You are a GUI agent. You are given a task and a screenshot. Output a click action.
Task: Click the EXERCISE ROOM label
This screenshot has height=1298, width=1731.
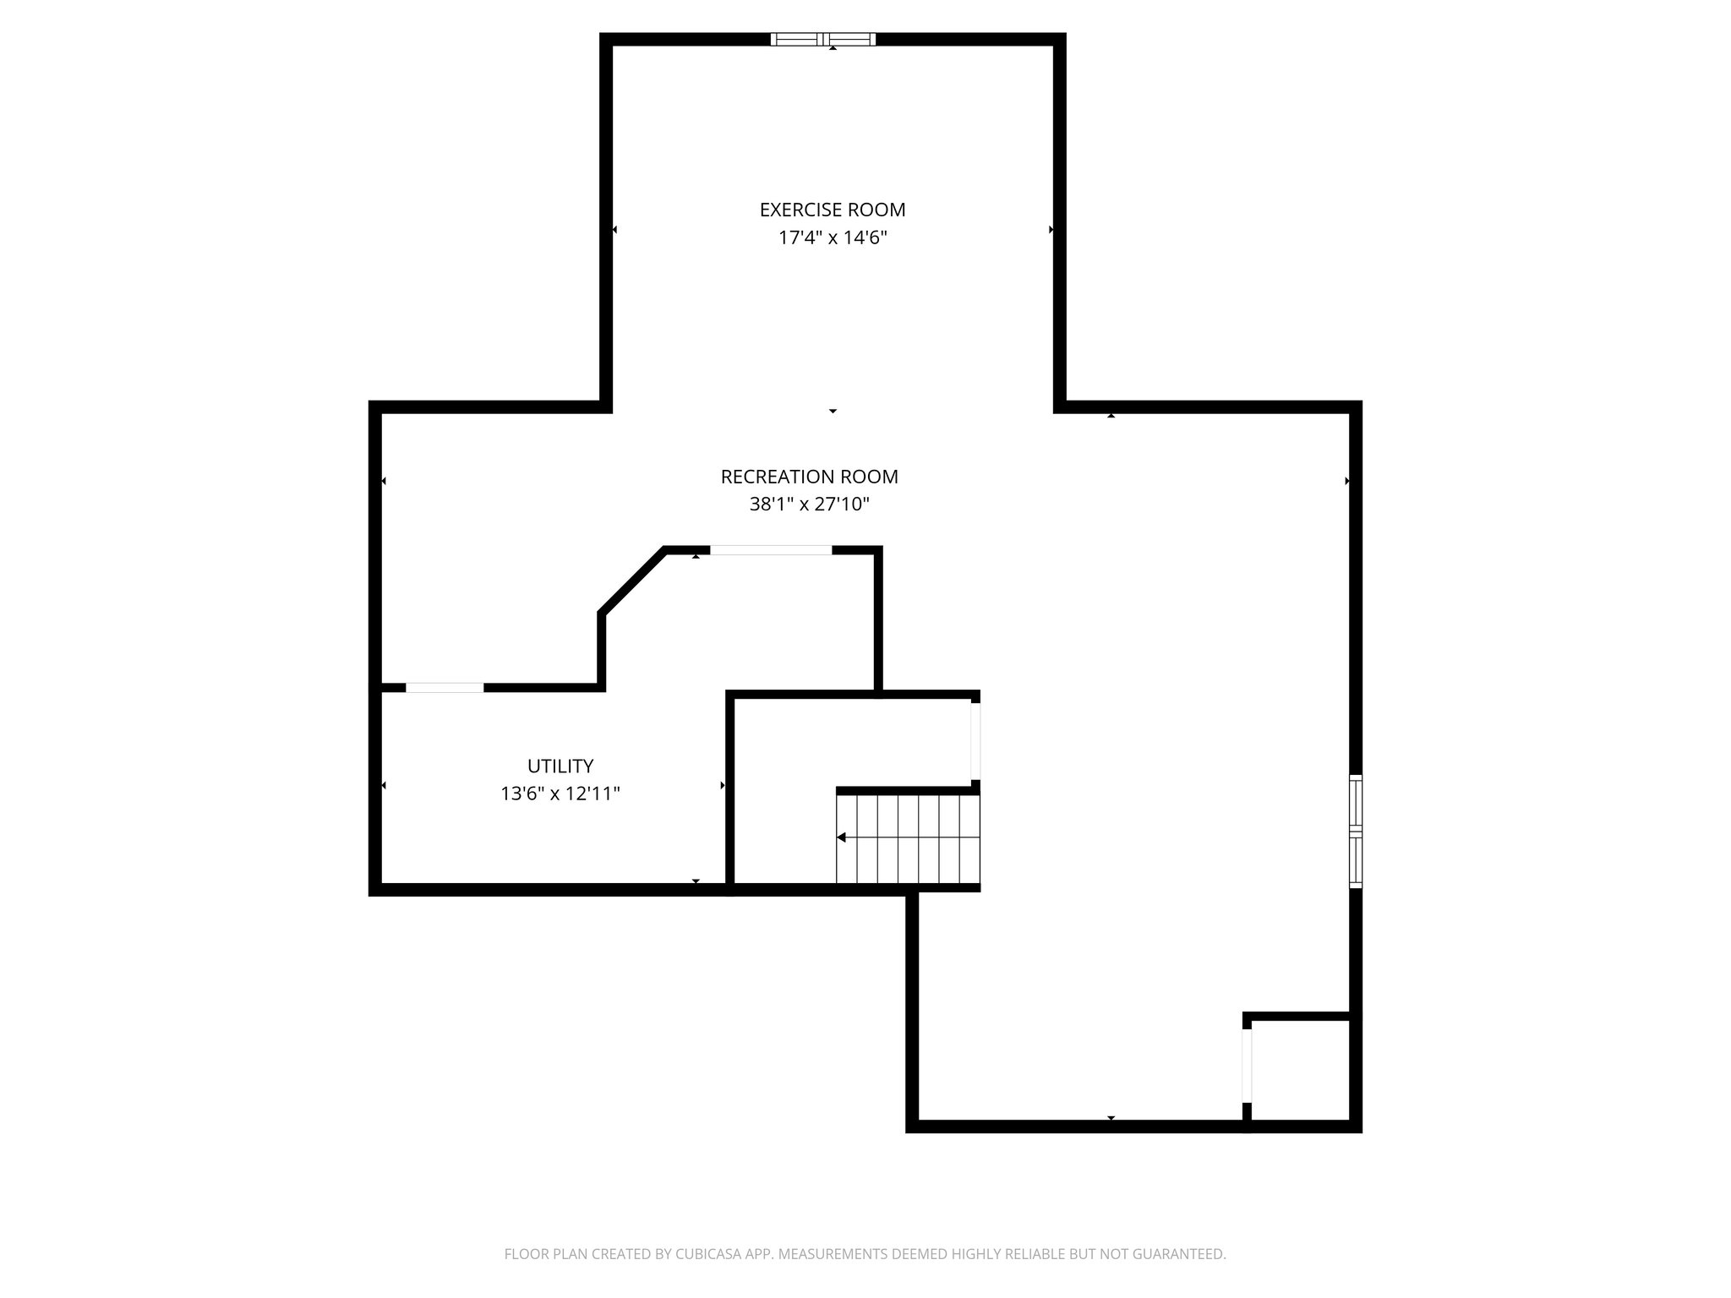point(832,210)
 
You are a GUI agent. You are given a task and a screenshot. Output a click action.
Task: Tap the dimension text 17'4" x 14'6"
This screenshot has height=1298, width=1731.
point(832,238)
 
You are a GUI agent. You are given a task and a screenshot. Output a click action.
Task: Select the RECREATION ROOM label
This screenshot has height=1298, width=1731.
point(809,477)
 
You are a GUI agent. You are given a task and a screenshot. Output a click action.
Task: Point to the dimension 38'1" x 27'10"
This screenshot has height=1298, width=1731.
point(809,504)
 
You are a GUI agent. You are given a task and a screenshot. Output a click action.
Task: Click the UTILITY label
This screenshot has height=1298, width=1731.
point(560,766)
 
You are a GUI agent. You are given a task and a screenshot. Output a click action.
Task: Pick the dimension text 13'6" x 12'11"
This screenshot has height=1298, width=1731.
point(560,794)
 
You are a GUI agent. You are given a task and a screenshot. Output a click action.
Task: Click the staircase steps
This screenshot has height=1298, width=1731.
point(909,838)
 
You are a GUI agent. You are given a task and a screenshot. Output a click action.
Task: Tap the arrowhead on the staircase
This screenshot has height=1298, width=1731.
point(842,837)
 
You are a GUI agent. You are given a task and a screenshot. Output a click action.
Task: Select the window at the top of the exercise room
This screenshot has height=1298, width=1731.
point(823,39)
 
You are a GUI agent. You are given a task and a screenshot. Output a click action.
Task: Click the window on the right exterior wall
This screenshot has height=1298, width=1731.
point(1355,831)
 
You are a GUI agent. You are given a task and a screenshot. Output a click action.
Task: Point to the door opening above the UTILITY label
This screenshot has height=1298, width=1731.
point(445,687)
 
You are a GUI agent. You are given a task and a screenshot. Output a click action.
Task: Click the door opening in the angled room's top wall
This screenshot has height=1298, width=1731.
point(770,550)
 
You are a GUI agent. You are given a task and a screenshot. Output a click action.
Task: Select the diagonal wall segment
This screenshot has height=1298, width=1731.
point(632,580)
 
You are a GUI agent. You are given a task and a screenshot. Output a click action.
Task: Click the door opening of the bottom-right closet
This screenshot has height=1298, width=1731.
point(1247,1066)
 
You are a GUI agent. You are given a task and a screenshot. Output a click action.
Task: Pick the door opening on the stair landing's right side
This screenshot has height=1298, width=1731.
point(975,741)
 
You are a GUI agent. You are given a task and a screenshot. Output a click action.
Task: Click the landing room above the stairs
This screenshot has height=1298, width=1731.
point(849,741)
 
